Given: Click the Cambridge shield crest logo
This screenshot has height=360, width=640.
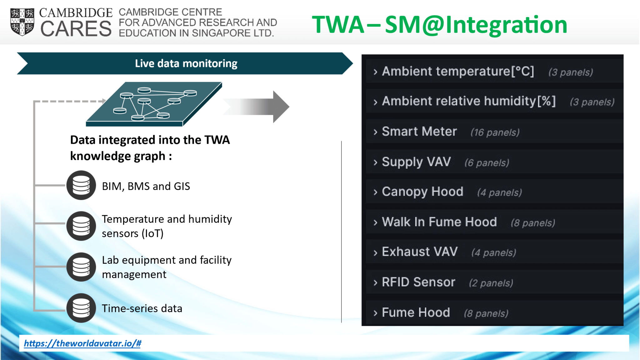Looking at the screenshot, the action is tap(22, 22).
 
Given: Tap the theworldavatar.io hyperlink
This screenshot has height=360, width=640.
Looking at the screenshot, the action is tap(82, 343).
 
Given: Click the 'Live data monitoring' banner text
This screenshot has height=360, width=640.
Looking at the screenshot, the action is tap(186, 63).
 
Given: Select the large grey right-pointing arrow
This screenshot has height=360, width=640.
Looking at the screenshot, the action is tap(256, 107).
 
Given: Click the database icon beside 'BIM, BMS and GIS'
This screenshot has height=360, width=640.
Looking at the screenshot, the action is tap(81, 185).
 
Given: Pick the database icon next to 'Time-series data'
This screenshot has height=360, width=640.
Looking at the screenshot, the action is tap(81, 308).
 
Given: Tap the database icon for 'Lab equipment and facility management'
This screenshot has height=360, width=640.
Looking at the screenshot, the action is tap(81, 267).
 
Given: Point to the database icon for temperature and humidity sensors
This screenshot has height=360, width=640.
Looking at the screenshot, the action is tap(81, 226).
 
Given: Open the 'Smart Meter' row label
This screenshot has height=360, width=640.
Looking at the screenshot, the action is tap(419, 131).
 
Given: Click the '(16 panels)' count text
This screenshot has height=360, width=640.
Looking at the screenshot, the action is tap(495, 132).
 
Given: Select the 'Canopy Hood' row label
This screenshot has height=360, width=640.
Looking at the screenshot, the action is tap(422, 192).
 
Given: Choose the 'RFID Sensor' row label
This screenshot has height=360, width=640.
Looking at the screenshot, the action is tap(418, 282).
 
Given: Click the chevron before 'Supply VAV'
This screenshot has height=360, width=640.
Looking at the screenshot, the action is tap(375, 162).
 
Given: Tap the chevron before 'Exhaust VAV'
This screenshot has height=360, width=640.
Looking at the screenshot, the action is tap(375, 252).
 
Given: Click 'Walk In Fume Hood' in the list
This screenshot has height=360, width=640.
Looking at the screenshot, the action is tap(439, 222).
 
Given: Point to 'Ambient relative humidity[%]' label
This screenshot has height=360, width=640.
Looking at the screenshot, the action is tap(469, 101).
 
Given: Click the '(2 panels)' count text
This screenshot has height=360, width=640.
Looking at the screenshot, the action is tap(491, 283).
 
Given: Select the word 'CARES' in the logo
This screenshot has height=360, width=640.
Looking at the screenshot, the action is tap(76, 28).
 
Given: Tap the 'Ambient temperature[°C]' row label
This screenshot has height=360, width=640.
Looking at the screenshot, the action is tap(458, 71).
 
